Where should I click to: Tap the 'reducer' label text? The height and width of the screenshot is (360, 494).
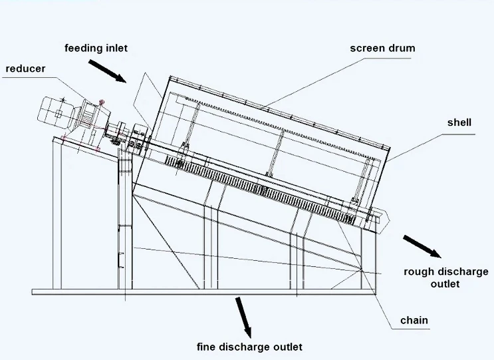[x=25, y=69]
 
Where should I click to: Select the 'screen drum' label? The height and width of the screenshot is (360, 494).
[x=383, y=48]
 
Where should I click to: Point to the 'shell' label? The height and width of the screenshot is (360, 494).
[x=459, y=122]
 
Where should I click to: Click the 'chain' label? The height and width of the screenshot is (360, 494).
[x=414, y=320]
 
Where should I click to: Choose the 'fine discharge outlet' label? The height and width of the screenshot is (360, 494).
[x=249, y=347]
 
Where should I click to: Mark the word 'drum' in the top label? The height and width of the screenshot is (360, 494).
[x=402, y=48]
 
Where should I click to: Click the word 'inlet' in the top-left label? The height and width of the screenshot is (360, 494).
[x=115, y=48]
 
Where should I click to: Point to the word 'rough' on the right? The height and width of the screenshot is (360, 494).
[x=419, y=271]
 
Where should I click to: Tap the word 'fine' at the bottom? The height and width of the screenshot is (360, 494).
[x=207, y=347]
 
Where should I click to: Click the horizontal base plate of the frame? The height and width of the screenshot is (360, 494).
[x=199, y=291]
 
